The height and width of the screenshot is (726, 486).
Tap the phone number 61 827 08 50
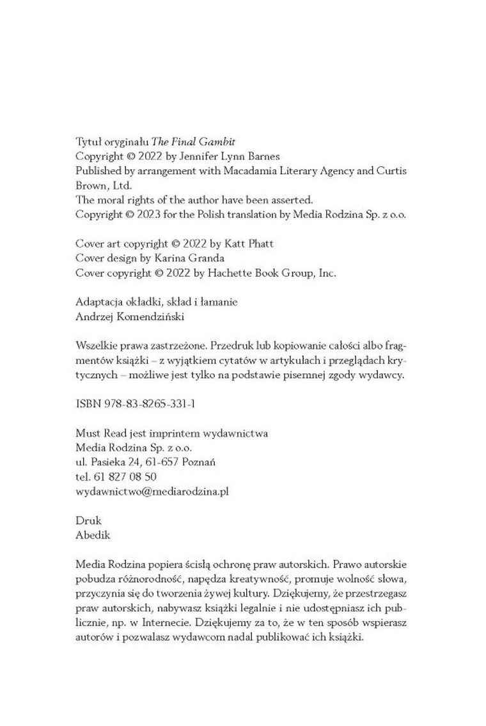click(x=125, y=477)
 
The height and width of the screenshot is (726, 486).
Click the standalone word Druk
click(x=88, y=521)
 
